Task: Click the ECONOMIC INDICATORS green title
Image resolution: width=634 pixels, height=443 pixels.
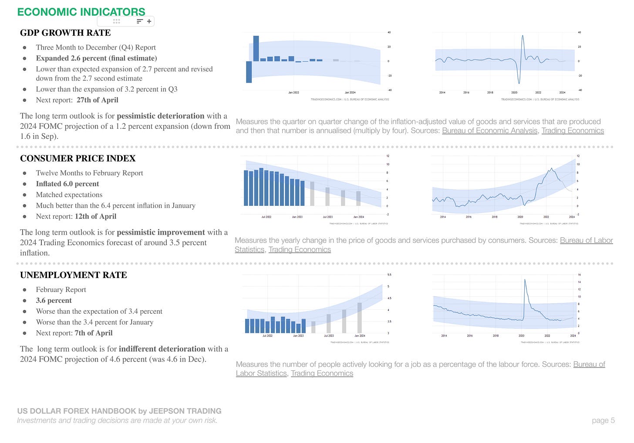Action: click(81, 12)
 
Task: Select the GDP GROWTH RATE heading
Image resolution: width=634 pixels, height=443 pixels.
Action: click(65, 33)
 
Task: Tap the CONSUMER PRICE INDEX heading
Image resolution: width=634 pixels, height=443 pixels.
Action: click(78, 158)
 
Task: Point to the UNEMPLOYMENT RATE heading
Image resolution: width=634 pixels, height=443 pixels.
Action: click(73, 275)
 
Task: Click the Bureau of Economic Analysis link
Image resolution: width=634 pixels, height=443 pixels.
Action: click(489, 131)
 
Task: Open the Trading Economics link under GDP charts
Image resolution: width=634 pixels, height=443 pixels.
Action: click(572, 131)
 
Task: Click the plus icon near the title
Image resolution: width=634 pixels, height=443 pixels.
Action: click(149, 21)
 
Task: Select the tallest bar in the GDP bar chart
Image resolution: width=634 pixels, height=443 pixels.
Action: click(256, 48)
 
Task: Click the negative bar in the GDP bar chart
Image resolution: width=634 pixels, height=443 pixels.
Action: click(249, 72)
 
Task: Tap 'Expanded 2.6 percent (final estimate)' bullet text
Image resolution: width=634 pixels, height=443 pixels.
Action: click(96, 58)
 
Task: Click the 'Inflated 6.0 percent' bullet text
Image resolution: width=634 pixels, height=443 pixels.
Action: click(67, 184)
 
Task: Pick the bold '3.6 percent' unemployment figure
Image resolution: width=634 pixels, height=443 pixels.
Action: click(54, 301)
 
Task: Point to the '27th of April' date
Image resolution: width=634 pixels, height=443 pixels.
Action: click(97, 100)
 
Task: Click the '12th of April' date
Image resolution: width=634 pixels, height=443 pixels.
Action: click(95, 217)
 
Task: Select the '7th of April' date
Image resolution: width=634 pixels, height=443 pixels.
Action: click(93, 333)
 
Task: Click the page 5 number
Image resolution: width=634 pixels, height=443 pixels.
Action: click(603, 420)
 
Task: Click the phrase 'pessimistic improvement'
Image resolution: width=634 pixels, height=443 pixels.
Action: click(161, 232)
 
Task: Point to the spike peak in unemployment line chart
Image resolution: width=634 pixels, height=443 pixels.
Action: click(525, 280)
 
